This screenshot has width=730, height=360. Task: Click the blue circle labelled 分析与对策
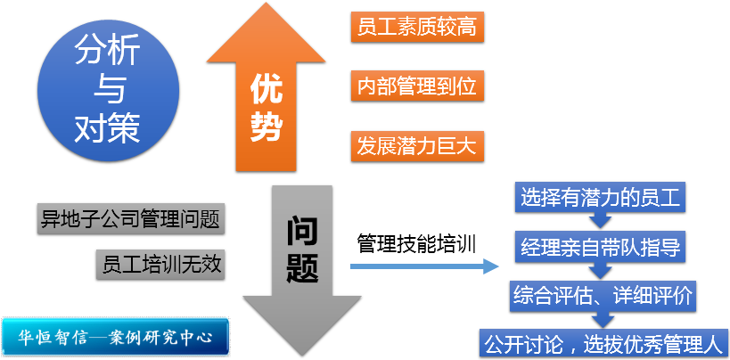pyautogui.click(x=107, y=89)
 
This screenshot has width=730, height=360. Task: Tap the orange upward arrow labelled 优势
pyautogui.click(x=267, y=98)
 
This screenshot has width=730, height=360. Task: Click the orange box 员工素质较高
pyautogui.click(x=416, y=28)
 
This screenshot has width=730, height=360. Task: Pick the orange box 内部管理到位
pyautogui.click(x=416, y=86)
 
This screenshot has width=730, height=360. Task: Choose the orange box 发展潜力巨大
pyautogui.click(x=416, y=146)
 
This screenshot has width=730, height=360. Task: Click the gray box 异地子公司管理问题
pyautogui.click(x=130, y=217)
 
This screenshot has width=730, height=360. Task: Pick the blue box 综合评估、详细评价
pyautogui.click(x=603, y=294)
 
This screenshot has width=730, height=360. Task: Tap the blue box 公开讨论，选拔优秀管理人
pyautogui.click(x=603, y=341)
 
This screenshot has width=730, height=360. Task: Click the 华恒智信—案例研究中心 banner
pyautogui.click(x=115, y=336)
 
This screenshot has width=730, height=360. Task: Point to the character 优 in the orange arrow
pyautogui.click(x=267, y=89)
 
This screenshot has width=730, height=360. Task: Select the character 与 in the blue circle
pyautogui.click(x=107, y=89)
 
